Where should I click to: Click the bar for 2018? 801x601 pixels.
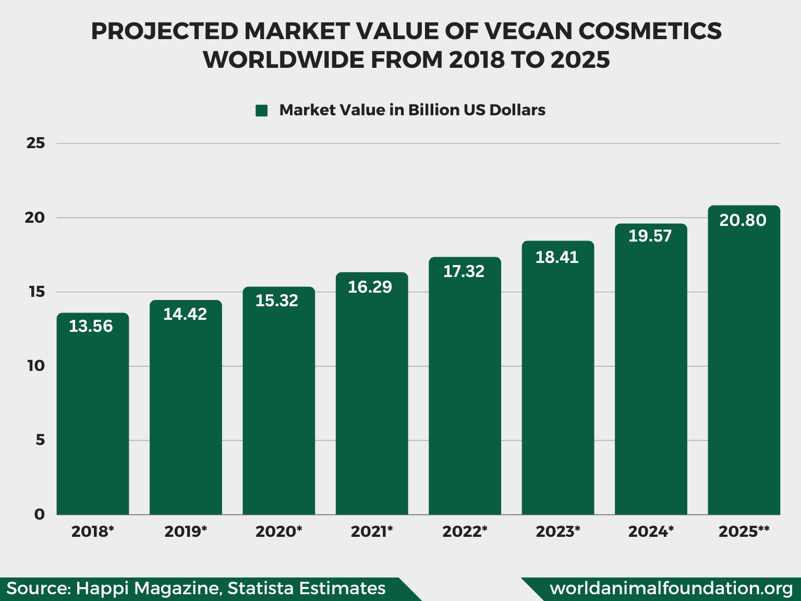[93, 417]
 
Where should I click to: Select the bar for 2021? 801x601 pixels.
[372, 396]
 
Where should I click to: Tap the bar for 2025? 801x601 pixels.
[744, 365]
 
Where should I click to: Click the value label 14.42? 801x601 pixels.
[185, 314]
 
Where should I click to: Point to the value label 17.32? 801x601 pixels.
[464, 271]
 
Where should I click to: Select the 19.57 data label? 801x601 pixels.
[650, 236]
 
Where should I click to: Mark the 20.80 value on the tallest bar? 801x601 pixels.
[743, 220]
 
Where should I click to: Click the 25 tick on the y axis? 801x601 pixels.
[35, 143]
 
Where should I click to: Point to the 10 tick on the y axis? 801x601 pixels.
[36, 366]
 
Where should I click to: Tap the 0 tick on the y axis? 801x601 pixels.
[40, 514]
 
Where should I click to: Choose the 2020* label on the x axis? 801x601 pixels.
[278, 532]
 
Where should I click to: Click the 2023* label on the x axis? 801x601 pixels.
[557, 532]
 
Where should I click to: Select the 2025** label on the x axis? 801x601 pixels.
[744, 532]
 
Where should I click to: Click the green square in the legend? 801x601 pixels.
[261, 111]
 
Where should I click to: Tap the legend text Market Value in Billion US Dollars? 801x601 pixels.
[412, 110]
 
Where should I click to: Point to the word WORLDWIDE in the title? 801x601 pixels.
[284, 60]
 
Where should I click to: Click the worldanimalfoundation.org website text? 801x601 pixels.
[671, 588]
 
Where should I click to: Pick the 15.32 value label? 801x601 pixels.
[277, 300]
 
